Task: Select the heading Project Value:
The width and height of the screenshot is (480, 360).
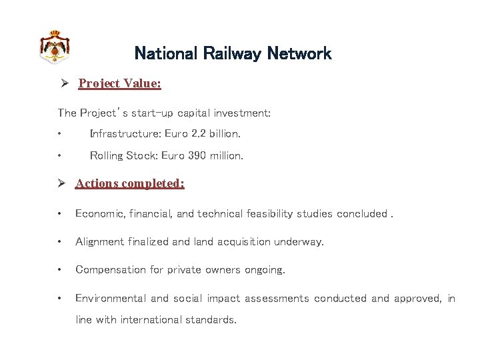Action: [x=119, y=83]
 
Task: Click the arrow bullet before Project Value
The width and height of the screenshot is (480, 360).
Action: [x=65, y=83]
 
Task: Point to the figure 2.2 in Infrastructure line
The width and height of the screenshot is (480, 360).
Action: [x=199, y=133]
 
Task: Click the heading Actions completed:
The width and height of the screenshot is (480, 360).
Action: [x=129, y=183]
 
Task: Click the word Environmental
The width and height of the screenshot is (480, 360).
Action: [x=111, y=299]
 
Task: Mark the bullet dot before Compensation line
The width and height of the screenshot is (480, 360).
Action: [x=60, y=270]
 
